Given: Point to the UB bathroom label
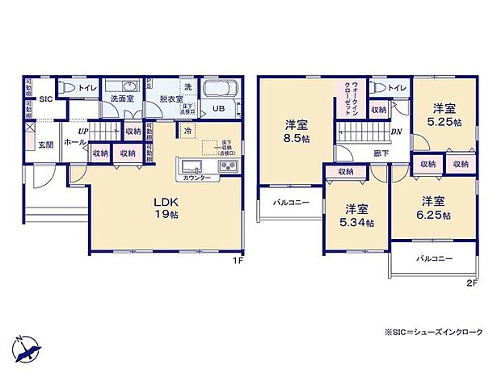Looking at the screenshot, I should [x=218, y=107].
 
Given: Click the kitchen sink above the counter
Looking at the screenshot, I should [x=192, y=167].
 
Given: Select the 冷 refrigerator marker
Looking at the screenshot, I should [x=187, y=131].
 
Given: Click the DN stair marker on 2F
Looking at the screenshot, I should [x=397, y=132].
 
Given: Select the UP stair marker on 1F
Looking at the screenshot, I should [x=82, y=131].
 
